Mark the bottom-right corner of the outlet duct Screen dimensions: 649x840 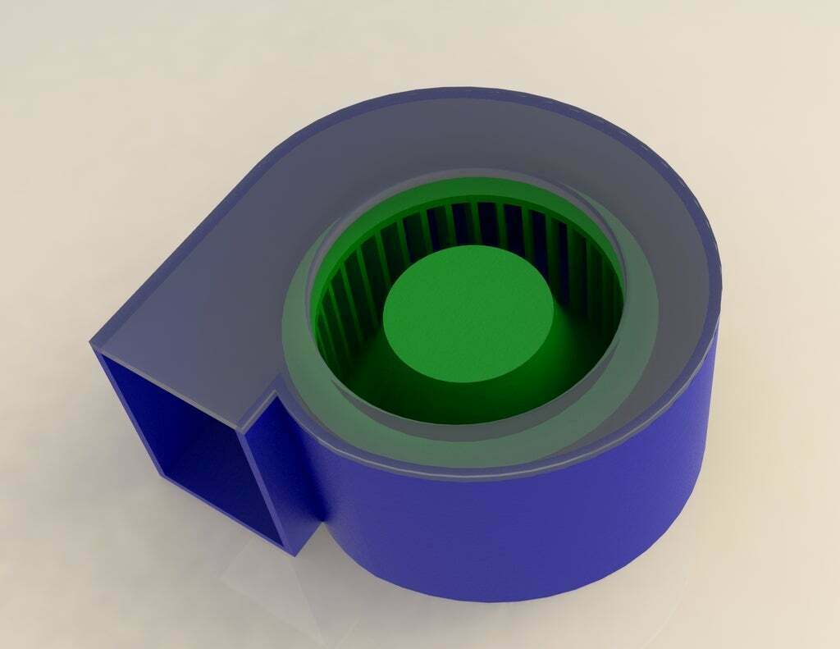tap(295, 555)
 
